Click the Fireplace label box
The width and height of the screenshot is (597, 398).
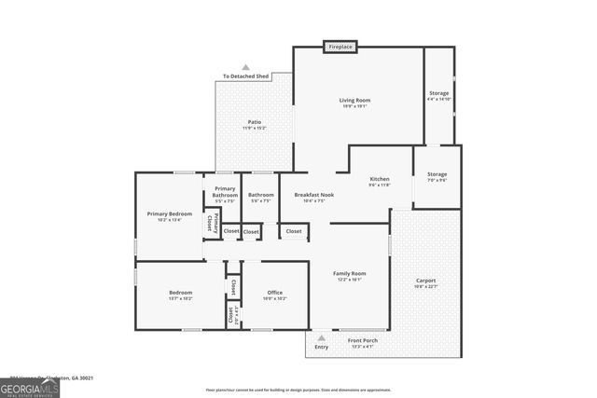click(340, 46)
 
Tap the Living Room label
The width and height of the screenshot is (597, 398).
click(354, 100)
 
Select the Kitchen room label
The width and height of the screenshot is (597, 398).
click(379, 179)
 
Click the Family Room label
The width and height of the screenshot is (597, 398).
click(351, 273)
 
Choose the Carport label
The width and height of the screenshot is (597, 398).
click(425, 281)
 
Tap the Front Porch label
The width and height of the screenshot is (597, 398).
click(363, 341)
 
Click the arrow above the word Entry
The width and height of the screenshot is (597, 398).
click(321, 337)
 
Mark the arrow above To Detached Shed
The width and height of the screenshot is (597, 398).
click(245, 67)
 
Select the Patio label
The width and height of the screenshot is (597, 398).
click(254, 122)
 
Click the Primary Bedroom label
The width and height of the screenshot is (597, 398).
click(169, 213)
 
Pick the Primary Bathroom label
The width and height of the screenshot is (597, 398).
click(225, 191)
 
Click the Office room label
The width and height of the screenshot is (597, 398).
click(274, 293)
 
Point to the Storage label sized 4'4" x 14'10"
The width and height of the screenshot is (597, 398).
click(438, 93)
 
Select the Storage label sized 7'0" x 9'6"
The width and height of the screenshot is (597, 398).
click(437, 174)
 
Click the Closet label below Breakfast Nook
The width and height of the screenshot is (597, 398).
click(293, 230)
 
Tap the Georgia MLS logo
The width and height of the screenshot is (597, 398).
click(30, 386)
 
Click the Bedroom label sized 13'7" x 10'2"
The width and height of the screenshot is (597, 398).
click(181, 293)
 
